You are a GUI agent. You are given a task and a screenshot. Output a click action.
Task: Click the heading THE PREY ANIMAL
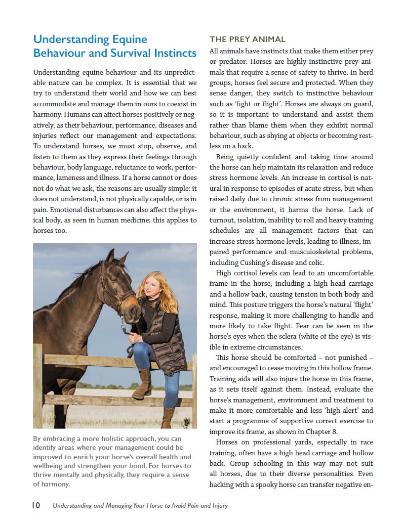(x=247, y=39)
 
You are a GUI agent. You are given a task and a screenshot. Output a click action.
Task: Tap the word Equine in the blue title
(x=127, y=39)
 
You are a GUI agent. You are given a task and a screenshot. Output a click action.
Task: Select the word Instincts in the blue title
(x=174, y=53)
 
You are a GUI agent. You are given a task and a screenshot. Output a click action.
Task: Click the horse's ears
(x=115, y=257)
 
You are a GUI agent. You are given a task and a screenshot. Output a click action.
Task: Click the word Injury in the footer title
(x=218, y=505)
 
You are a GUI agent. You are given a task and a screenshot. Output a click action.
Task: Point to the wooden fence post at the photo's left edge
(x=38, y=386)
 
